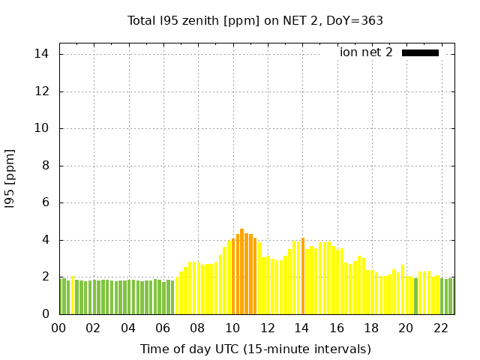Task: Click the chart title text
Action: click(x=255, y=21)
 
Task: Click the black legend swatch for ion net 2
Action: click(x=420, y=52)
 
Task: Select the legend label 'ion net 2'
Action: click(x=366, y=52)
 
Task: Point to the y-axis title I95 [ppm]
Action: click(x=10, y=178)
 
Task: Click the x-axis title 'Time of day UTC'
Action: click(x=255, y=349)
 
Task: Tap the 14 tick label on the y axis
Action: click(x=42, y=54)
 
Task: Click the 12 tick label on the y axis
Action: click(x=42, y=91)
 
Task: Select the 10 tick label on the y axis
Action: click(x=42, y=128)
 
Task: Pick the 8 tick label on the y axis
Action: click(x=45, y=166)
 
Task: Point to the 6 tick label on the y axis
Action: click(x=45, y=202)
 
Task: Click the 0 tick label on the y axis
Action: click(x=45, y=314)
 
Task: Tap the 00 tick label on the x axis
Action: click(x=59, y=328)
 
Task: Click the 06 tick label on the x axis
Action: click(x=163, y=328)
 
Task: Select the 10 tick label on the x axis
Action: click(x=232, y=328)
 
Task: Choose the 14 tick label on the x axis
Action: click(x=301, y=328)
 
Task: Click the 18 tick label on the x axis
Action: click(x=371, y=328)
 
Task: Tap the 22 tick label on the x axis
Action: click(x=440, y=328)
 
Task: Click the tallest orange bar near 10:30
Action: click(x=241, y=271)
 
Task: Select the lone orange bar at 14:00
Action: click(x=302, y=276)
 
